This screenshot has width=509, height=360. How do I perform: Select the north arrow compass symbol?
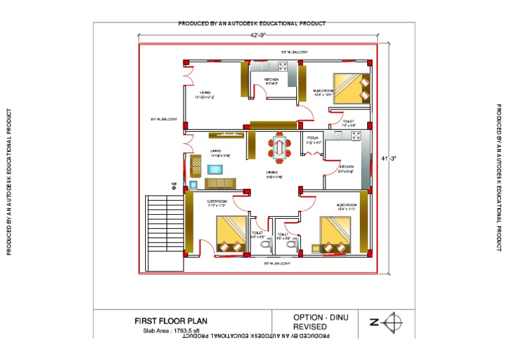(x=394, y=323)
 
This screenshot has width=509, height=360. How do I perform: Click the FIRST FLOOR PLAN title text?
(x=170, y=321)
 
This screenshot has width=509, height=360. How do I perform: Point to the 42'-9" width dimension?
(x=259, y=34)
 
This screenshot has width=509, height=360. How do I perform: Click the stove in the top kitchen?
(x=284, y=66)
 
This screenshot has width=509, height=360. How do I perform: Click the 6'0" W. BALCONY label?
(x=164, y=119)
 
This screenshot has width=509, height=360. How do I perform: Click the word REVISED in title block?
(x=310, y=327)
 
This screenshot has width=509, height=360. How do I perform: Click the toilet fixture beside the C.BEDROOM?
(x=266, y=246)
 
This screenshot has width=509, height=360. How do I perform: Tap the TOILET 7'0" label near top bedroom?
(x=349, y=123)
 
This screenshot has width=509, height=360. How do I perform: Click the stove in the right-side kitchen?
(x=355, y=137)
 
